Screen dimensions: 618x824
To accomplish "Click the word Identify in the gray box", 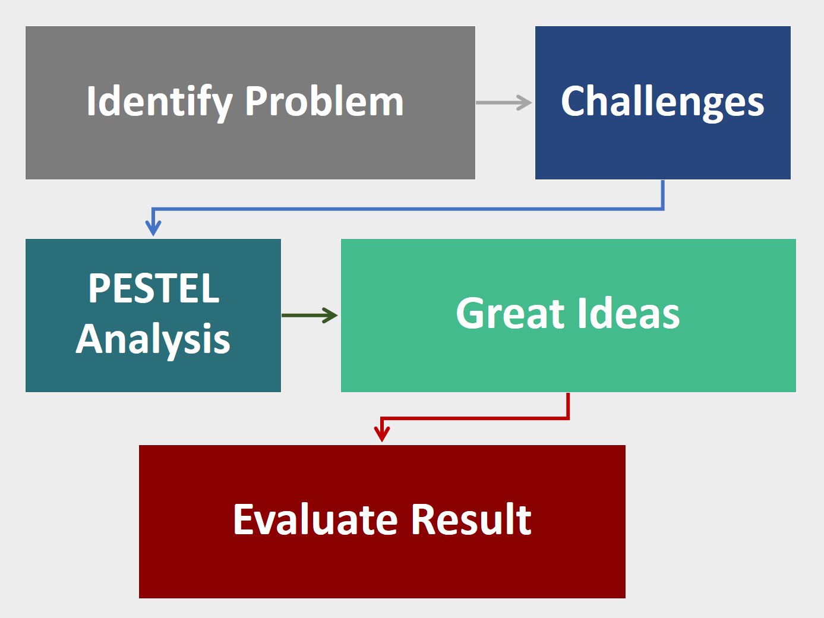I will [x=159, y=102].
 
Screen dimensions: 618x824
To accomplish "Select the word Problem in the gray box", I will [x=324, y=102].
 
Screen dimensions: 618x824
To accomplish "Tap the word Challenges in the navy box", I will [x=662, y=102].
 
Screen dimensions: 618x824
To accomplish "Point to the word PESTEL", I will [x=154, y=289].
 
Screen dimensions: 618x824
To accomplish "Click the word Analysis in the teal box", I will [x=153, y=339].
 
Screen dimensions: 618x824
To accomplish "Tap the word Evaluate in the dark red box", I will [x=315, y=520].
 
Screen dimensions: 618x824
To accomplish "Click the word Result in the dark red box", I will [x=472, y=520].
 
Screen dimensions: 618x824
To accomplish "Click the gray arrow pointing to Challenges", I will [x=504, y=103].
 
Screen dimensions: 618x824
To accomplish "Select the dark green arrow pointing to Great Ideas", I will [x=309, y=316].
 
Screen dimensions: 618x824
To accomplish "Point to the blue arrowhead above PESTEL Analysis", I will [x=153, y=228].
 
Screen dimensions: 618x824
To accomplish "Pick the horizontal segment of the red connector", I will [x=475, y=418].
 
